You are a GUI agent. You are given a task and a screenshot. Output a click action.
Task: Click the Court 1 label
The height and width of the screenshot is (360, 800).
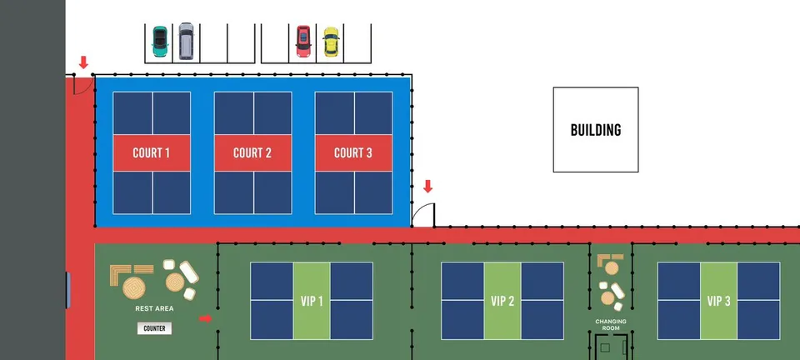click(152, 152)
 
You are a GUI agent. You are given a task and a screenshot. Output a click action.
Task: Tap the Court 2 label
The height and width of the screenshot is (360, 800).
click(252, 152)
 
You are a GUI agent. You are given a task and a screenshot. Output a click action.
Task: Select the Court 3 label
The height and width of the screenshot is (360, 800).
click(353, 152)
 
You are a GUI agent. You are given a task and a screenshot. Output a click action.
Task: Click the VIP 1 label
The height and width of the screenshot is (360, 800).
click(312, 301)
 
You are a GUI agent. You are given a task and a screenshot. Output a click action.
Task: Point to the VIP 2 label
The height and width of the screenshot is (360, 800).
click(502, 301)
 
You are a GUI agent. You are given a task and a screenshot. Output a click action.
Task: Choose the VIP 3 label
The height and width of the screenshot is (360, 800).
click(717, 301)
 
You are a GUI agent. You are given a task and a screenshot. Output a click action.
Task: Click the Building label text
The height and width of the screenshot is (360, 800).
click(596, 130)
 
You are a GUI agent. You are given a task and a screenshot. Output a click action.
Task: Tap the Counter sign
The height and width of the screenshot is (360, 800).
click(155, 328)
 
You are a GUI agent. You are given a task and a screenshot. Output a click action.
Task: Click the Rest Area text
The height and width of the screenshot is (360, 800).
click(155, 309)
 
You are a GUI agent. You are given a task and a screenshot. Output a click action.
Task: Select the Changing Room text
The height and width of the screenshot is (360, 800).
click(611, 324)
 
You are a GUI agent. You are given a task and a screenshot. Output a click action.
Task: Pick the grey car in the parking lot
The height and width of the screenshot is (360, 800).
click(185, 41)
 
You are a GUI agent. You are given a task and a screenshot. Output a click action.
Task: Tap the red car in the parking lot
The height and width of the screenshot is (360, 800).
click(303, 41)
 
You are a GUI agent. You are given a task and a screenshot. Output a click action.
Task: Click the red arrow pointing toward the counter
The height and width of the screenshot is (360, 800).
click(206, 317)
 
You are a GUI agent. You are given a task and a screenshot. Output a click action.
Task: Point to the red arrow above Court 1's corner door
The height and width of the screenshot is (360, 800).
click(83, 62)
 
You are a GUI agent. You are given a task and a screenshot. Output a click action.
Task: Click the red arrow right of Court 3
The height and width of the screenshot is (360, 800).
click(427, 186)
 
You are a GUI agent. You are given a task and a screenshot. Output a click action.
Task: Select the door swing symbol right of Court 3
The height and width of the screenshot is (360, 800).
click(424, 215)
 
